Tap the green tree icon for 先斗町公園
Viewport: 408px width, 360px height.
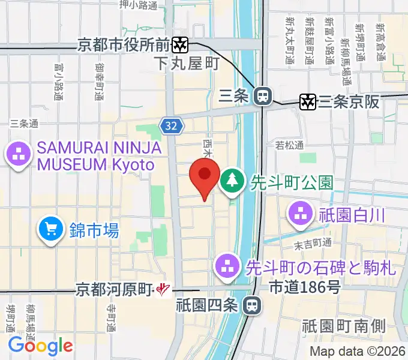231,180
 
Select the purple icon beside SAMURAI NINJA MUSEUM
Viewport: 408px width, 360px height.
18,155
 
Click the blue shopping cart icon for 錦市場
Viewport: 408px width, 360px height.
50,229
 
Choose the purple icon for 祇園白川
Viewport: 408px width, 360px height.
299,212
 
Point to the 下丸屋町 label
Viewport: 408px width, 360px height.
187,63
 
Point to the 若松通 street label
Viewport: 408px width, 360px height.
289,145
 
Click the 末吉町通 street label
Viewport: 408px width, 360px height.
313,242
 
